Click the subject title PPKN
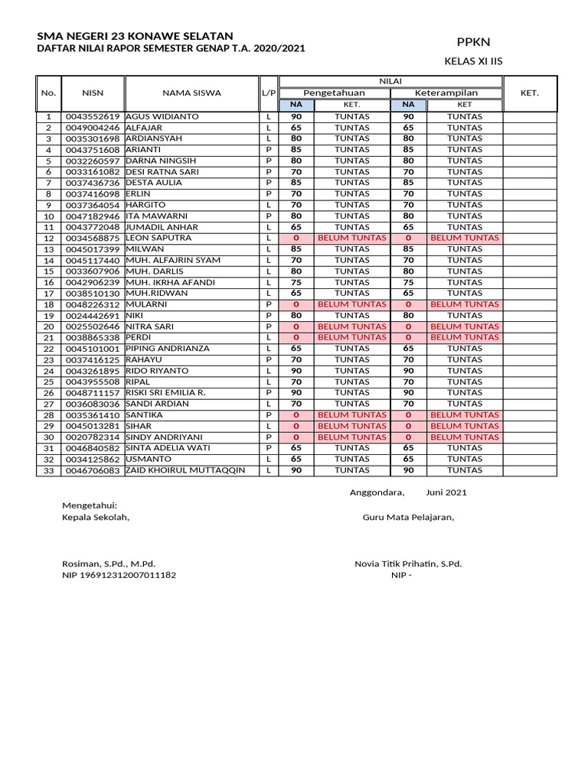[x=472, y=42]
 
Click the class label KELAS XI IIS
[x=473, y=62]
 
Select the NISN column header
[x=93, y=93]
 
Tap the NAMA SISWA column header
[x=191, y=93]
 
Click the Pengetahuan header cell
[x=335, y=93]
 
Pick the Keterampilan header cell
[x=446, y=93]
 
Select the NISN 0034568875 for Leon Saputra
[x=93, y=239]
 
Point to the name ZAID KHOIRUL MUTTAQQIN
[x=185, y=470]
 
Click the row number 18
[x=48, y=305]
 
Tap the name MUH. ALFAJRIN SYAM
[x=169, y=261]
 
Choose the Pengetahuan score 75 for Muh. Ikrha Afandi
[x=296, y=282]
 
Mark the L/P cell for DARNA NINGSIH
[x=269, y=161]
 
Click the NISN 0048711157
[x=93, y=393]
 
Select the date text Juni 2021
[x=446, y=492]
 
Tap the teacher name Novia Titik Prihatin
[x=408, y=564]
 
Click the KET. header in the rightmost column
[x=530, y=93]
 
